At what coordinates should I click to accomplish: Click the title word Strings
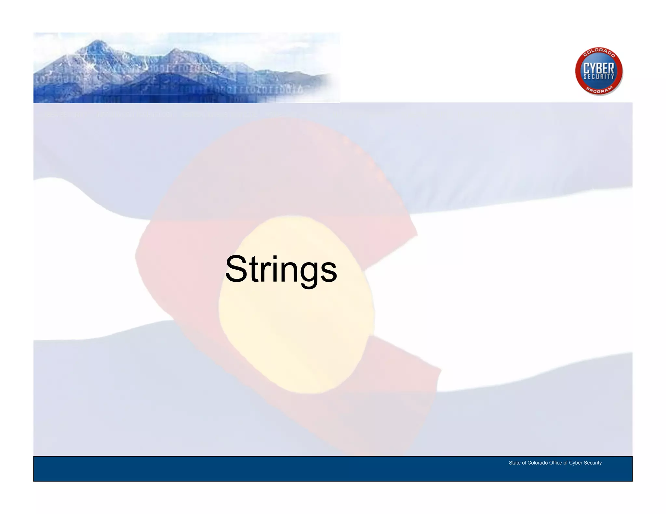(281, 269)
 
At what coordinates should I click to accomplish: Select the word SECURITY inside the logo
(599, 77)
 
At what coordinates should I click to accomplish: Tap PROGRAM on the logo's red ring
(599, 90)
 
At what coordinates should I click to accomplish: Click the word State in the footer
(514, 463)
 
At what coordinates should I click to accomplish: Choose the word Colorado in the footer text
(537, 463)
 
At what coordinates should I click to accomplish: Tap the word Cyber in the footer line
(576, 463)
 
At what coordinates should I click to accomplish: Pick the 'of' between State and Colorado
(524, 463)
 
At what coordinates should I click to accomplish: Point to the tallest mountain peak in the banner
(98, 41)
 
